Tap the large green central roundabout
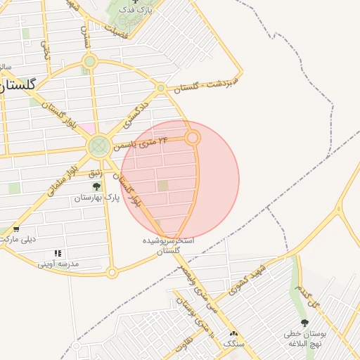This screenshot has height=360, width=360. point(98,146)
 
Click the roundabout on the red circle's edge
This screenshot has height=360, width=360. point(193,138)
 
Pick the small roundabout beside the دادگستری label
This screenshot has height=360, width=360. point(161,88)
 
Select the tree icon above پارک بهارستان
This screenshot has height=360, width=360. point(97,187)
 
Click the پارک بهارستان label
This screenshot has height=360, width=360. point(97,198)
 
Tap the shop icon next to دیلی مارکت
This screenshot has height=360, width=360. point(16,229)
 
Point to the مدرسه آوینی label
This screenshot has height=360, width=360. point(58,264)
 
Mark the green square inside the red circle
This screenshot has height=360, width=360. point(163,186)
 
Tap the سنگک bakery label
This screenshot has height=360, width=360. point(233,344)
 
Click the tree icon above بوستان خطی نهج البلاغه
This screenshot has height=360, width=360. point(304,323)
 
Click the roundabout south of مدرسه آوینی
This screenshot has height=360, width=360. point(112,272)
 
